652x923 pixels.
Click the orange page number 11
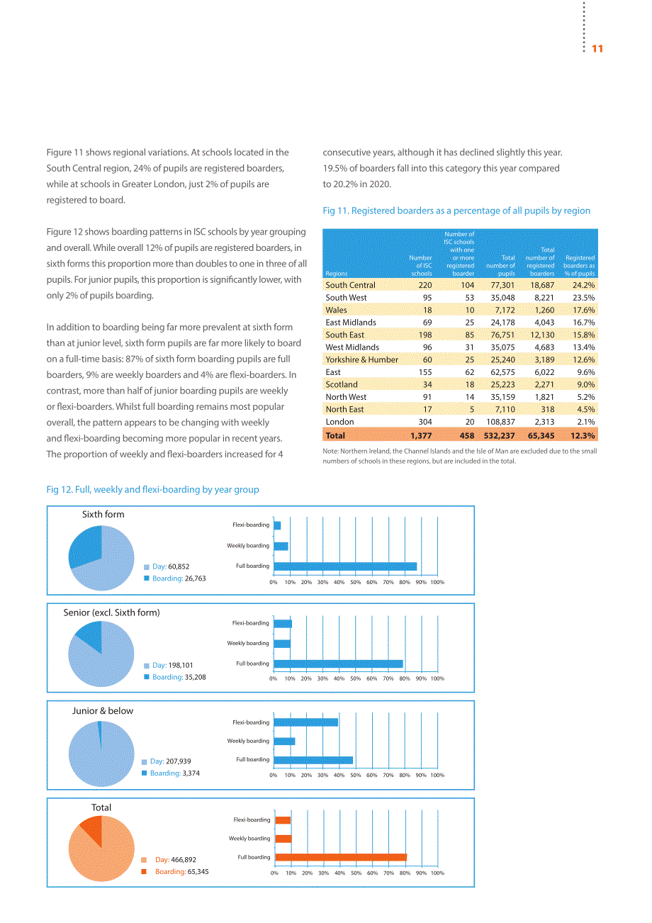coord(597,49)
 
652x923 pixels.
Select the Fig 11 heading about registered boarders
coord(456,211)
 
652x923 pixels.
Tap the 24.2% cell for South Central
coord(583,285)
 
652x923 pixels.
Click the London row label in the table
coord(339,422)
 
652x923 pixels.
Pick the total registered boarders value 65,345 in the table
coord(541,435)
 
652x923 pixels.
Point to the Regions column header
coord(336,273)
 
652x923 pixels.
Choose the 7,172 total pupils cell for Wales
coord(502,310)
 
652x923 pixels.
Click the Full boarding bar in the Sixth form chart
coord(345,566)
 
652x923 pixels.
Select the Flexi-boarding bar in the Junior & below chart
coord(305,722)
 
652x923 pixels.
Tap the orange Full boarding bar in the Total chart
coord(341,857)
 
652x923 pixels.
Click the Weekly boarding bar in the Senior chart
coord(282,643)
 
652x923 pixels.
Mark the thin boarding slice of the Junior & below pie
coord(100,735)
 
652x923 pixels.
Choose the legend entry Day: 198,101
coord(168,665)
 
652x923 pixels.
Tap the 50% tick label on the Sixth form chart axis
coord(355,582)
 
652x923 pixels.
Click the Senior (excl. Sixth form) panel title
coord(111,612)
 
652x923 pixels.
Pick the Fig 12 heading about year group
coord(152,489)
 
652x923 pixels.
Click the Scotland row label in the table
coord(342,384)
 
